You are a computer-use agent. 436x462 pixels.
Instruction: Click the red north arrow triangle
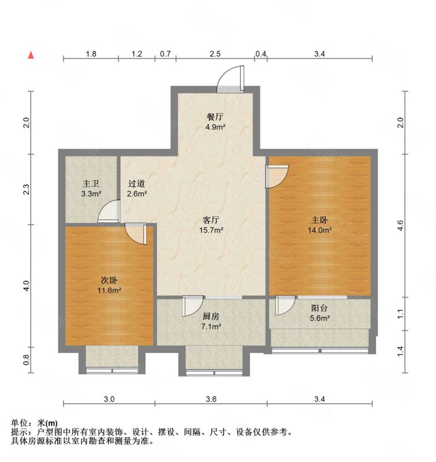(x=31, y=55)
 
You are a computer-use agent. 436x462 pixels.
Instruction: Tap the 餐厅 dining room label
(x=215, y=117)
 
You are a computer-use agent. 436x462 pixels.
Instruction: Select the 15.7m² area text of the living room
(x=211, y=230)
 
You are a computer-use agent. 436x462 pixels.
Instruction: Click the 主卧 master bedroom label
(x=319, y=220)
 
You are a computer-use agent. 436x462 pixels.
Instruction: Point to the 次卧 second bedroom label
(x=109, y=280)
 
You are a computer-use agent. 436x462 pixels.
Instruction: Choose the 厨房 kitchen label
(x=211, y=316)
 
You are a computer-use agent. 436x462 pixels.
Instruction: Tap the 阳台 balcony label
(x=319, y=308)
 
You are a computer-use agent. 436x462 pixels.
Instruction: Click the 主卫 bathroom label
(x=91, y=184)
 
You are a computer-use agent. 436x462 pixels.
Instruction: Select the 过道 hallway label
(x=137, y=184)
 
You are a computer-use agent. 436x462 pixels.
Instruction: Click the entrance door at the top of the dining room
(x=230, y=79)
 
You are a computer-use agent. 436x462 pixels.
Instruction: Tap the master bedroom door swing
(x=277, y=176)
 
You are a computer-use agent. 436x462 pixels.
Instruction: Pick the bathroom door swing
(x=109, y=211)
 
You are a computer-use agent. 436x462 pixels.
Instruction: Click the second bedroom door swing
(x=136, y=233)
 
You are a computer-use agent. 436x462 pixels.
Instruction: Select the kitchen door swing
(x=193, y=306)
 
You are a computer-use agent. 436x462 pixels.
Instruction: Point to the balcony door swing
(x=285, y=305)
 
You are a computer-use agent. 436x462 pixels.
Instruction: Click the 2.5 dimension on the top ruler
(x=215, y=54)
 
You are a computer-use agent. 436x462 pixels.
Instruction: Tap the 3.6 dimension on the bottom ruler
(x=211, y=399)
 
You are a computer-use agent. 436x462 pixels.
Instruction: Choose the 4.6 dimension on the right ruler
(x=400, y=225)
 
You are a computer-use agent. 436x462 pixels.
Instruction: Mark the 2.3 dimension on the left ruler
(x=27, y=189)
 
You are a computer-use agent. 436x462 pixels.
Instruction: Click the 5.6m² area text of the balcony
(x=319, y=318)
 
